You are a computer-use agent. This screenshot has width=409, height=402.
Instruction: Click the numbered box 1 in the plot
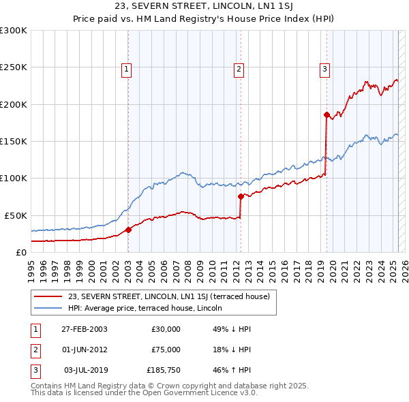tap(127, 69)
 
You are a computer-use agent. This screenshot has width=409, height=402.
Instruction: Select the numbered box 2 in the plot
tap(239, 69)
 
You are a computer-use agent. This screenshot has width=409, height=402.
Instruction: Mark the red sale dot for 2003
tap(129, 230)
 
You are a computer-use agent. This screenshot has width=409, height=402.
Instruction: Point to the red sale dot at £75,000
tap(241, 196)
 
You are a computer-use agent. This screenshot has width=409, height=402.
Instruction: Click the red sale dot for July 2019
tap(327, 114)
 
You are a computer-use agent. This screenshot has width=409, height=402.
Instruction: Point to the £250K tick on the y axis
tap(14, 67)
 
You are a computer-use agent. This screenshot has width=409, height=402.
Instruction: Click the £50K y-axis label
tap(15, 215)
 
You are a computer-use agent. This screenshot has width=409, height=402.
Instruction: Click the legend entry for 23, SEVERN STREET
tap(169, 296)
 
